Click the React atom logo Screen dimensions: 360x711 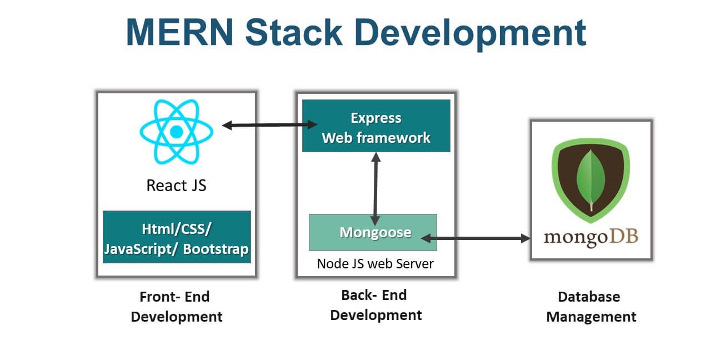pyautogui.click(x=176, y=132)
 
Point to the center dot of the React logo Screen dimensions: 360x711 pyautogui.click(x=176, y=132)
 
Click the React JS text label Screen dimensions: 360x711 pyautogui.click(x=176, y=185)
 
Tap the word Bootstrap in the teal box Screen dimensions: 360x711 pyautogui.click(x=216, y=249)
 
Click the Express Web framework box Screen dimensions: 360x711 pyautogui.click(x=376, y=126)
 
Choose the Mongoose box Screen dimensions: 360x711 pyautogui.click(x=373, y=232)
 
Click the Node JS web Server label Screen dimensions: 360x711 pyautogui.click(x=375, y=263)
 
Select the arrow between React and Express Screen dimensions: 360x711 pyautogui.click(x=269, y=125)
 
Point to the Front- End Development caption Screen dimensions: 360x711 pyautogui.click(x=176, y=307)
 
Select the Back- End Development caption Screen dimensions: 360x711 pyautogui.click(x=375, y=305)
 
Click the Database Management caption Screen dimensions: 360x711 pyautogui.click(x=590, y=307)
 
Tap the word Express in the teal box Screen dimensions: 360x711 pyautogui.click(x=376, y=118)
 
